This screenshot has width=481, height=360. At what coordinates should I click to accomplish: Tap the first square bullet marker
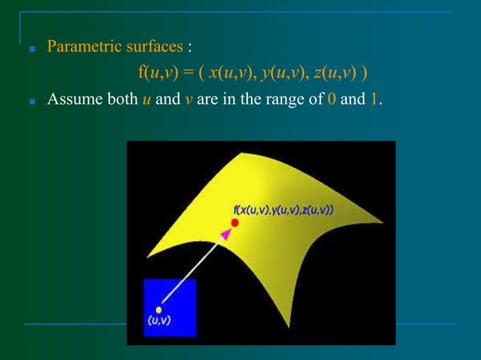(31, 49)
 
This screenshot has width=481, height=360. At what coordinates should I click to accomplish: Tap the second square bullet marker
(31, 99)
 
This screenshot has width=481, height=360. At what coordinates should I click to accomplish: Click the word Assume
(72, 98)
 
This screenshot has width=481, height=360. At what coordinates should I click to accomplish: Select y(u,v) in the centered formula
(282, 73)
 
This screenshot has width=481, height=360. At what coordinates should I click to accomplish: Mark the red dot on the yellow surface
(234, 223)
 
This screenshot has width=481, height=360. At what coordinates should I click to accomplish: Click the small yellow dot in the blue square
(159, 309)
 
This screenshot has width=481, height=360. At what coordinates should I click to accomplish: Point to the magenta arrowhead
(225, 236)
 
